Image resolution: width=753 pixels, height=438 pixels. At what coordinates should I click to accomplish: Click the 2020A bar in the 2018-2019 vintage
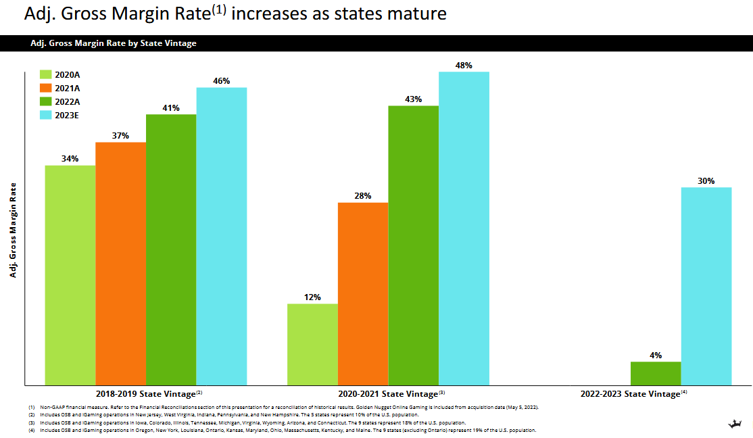pyautogui.click(x=70, y=274)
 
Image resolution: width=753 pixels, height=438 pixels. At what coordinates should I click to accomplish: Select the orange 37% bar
pyautogui.click(x=120, y=263)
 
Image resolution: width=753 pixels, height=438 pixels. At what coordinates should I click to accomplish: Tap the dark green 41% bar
pyautogui.click(x=171, y=249)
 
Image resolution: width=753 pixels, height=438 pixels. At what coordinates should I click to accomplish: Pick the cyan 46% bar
pyautogui.click(x=222, y=236)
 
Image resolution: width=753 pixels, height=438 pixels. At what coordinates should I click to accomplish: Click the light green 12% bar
pyautogui.click(x=312, y=344)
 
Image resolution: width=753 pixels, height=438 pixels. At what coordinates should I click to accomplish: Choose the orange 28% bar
pyautogui.click(x=363, y=293)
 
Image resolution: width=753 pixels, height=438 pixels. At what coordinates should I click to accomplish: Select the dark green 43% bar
pyautogui.click(x=413, y=245)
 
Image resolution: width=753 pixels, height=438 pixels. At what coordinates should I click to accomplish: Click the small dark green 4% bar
pyautogui.click(x=656, y=373)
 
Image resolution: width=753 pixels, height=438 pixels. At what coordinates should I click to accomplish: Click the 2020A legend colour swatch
pyautogui.click(x=45, y=75)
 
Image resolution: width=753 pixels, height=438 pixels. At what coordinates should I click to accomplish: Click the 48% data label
pyautogui.click(x=464, y=66)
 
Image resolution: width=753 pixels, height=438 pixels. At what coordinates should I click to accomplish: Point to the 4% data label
pyautogui.click(x=656, y=355)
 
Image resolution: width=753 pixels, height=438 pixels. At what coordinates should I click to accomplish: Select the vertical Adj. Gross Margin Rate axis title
pyautogui.click(x=13, y=230)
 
